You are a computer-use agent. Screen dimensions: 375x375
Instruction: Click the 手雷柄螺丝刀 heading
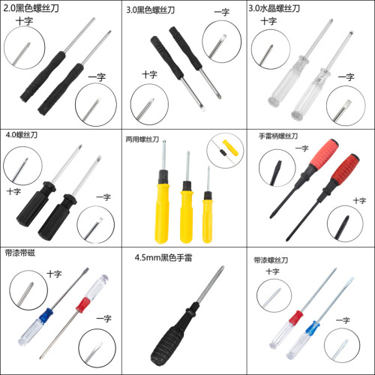pos(278,136)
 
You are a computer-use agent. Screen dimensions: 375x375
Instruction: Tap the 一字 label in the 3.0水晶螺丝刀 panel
pos(346,77)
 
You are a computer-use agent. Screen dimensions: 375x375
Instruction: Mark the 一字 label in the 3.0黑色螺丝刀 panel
pos(221,12)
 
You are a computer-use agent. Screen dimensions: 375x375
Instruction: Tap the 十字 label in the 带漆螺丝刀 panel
pos(272,271)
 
